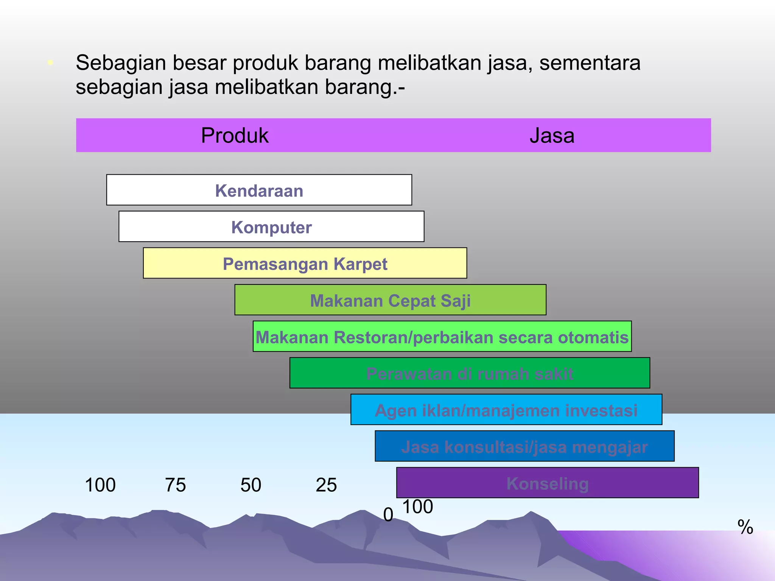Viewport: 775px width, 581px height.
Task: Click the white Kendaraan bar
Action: [x=259, y=190]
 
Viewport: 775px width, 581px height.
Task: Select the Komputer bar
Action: [x=271, y=227]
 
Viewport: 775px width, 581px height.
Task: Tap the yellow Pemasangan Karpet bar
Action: [x=305, y=263]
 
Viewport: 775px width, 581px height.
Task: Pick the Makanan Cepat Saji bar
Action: [x=390, y=300]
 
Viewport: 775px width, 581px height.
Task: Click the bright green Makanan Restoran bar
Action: [x=442, y=337]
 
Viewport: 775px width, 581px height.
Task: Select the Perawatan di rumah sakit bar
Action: [x=470, y=373]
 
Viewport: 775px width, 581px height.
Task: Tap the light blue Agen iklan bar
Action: [x=506, y=410]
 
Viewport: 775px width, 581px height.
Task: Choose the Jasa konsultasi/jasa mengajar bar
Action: [x=524, y=446]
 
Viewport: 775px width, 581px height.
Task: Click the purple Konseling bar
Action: [x=547, y=483]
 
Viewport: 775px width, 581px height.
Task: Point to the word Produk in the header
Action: [x=235, y=135]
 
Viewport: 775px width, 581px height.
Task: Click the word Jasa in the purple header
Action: [x=552, y=135]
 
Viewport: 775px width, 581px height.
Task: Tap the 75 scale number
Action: [x=176, y=485]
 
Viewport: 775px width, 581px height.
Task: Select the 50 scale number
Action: [x=251, y=485]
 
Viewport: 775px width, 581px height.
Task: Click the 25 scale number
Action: [x=326, y=485]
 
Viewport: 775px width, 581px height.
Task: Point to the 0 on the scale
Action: [x=388, y=515]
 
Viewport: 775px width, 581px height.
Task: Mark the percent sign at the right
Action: [x=745, y=527]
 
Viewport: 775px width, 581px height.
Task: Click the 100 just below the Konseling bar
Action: [x=418, y=507]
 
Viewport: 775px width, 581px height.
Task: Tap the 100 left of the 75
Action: [x=100, y=485]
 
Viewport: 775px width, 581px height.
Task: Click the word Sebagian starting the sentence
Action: [x=121, y=63]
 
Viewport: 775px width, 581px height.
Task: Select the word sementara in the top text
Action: [x=590, y=63]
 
